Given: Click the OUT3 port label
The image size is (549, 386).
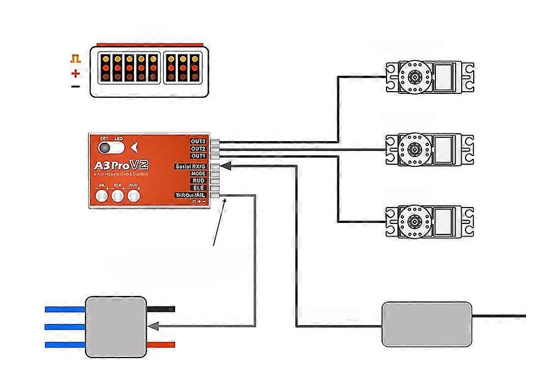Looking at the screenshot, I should [198, 142].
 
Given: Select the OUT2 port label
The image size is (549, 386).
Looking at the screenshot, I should [198, 149].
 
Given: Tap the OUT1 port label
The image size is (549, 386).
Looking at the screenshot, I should [198, 156].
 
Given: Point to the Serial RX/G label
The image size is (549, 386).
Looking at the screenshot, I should [191, 166].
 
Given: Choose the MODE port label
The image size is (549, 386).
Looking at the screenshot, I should [198, 174].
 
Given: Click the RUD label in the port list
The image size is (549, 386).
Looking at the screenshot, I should [198, 181].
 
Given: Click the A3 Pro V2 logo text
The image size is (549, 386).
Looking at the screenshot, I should [122, 165].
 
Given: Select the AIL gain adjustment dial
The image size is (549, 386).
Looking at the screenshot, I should [101, 195].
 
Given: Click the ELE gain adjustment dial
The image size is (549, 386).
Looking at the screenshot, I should [117, 195].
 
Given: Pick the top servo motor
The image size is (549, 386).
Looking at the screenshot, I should [429, 77].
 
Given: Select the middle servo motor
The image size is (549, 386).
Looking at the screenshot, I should [429, 148].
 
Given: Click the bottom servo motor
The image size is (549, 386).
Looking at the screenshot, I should [429, 222].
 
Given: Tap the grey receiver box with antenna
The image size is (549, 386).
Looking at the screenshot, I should [427, 324].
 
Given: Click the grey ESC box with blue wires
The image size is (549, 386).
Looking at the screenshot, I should [116, 327].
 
